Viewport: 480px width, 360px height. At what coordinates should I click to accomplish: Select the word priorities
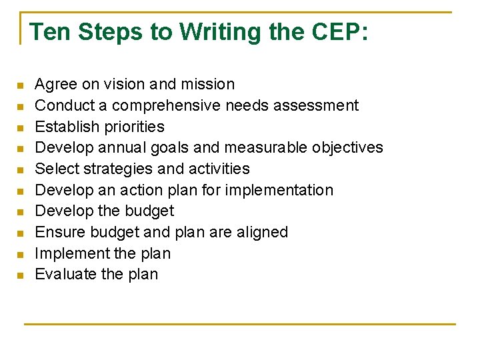131,127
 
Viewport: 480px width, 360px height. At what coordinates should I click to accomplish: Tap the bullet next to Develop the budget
21,212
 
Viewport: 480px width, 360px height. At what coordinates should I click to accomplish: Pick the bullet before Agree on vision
21,85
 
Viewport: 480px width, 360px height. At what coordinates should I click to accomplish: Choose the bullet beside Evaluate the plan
21,275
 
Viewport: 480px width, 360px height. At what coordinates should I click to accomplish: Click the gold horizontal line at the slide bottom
240,324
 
